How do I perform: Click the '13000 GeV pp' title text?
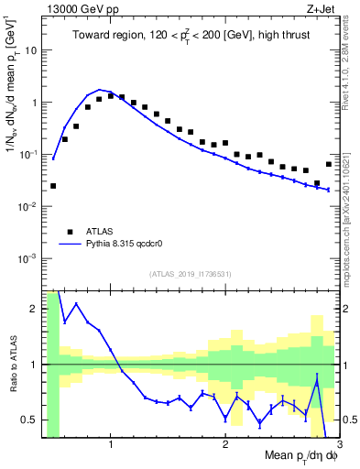coord(80,9)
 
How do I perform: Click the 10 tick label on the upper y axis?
coord(31,50)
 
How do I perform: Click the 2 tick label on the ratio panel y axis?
coord(35,310)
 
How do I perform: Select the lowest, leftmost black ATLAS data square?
coord(53,186)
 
